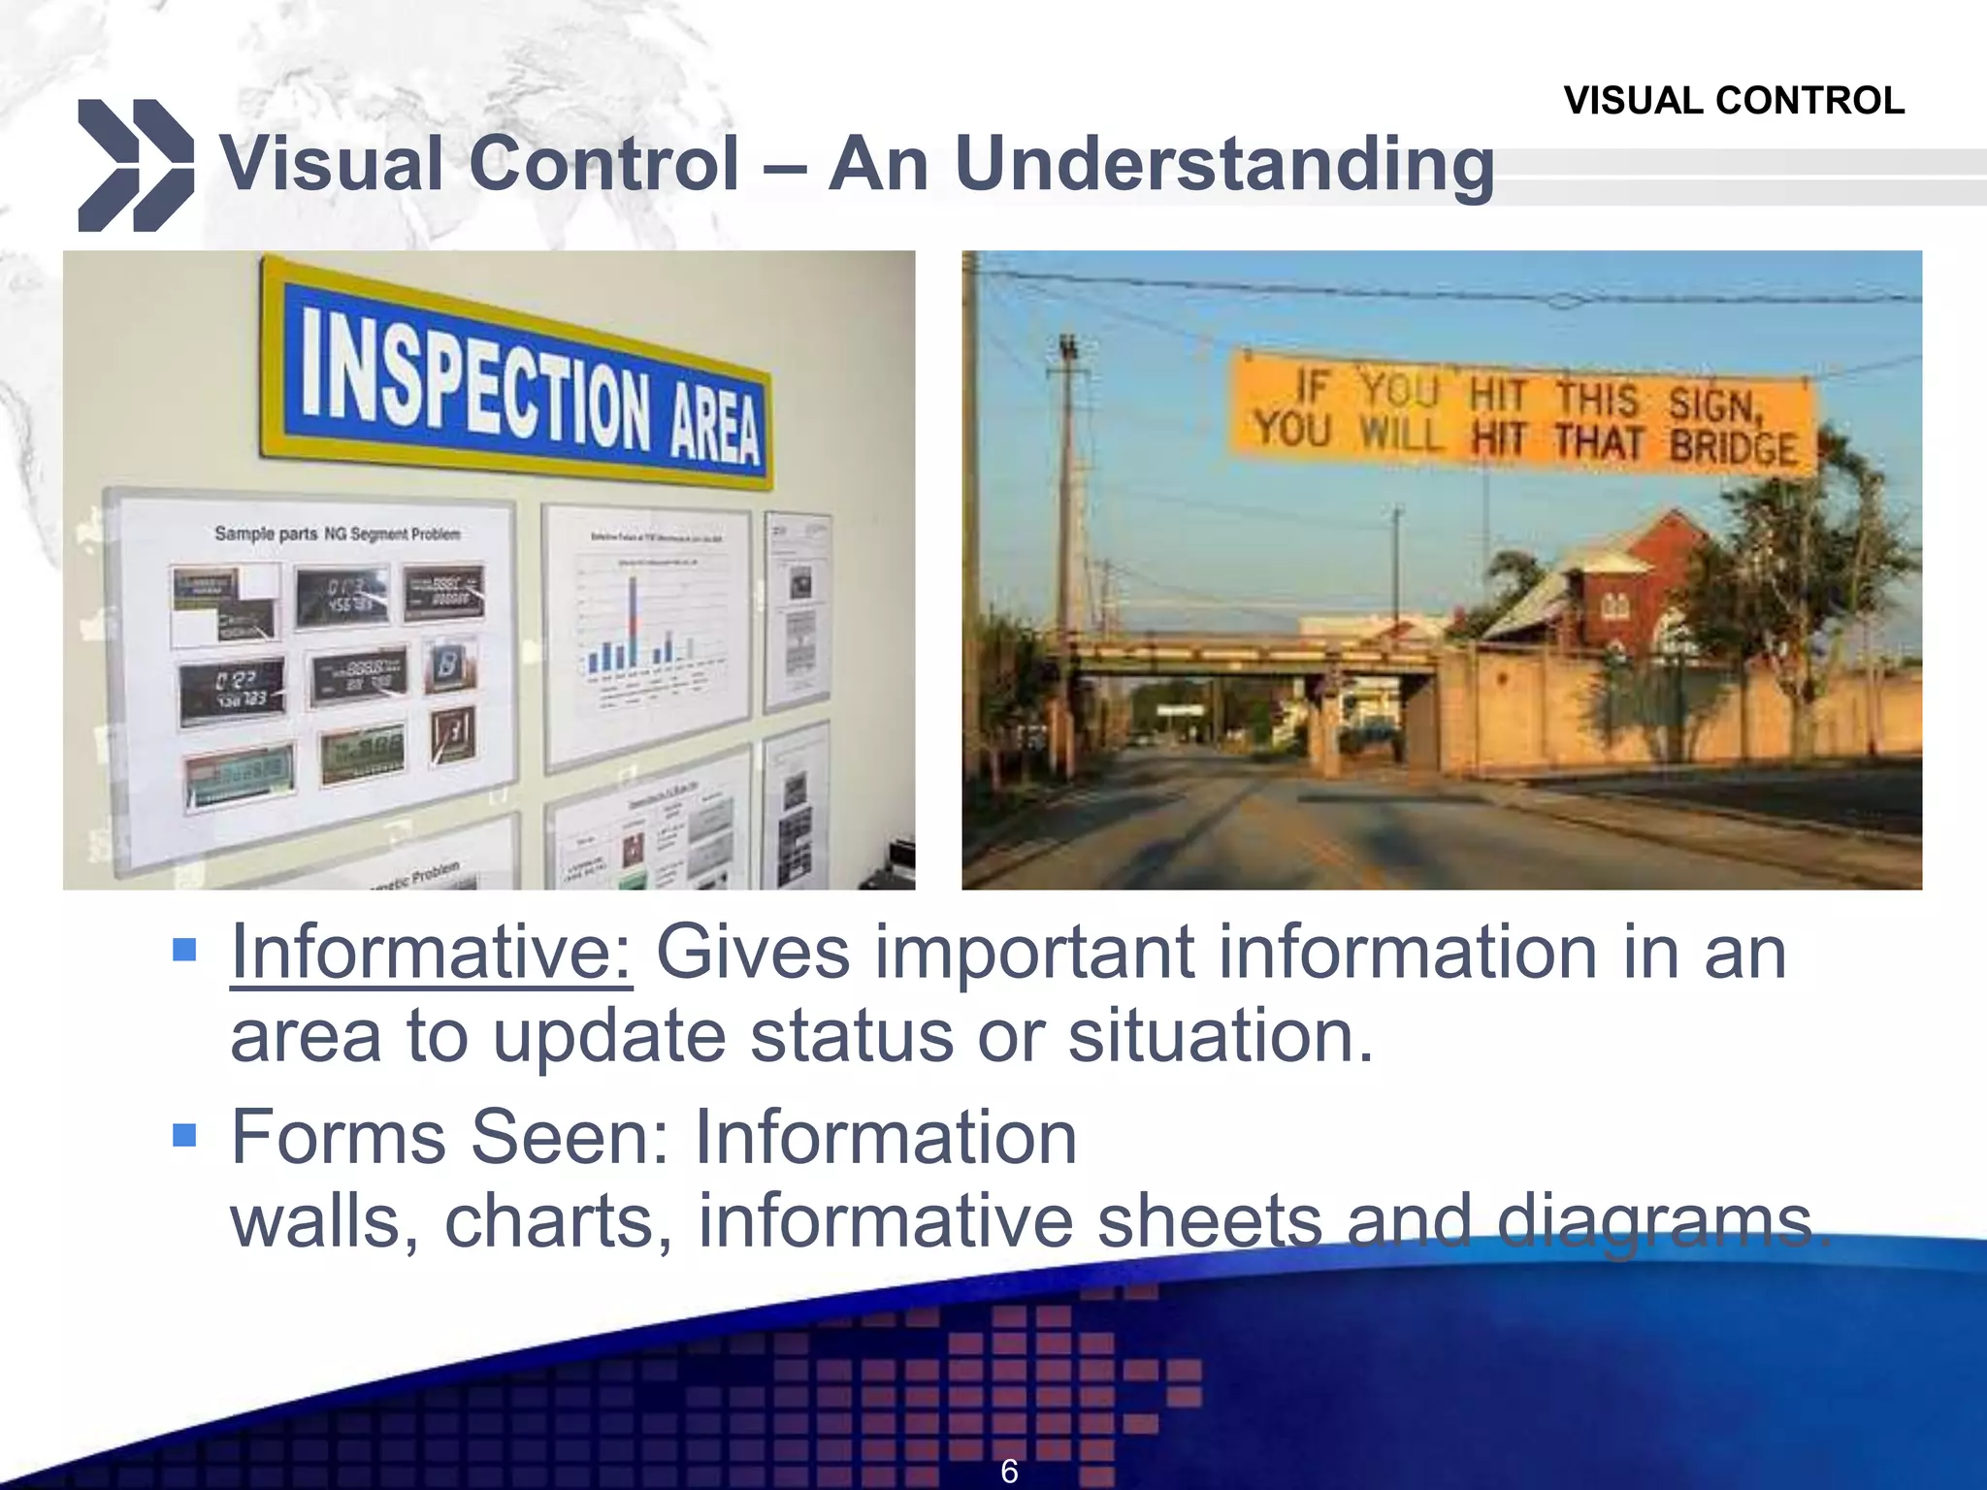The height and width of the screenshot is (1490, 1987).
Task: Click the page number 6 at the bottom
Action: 1009,1471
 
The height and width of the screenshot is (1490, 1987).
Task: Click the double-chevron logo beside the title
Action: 135,165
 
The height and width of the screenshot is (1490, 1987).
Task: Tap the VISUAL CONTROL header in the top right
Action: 1733,101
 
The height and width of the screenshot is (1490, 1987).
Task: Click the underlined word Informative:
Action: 432,953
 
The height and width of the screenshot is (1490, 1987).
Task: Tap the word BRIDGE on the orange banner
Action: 1733,447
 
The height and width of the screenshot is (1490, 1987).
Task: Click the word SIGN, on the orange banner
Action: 1713,403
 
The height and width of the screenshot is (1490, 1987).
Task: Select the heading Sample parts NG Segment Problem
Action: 337,534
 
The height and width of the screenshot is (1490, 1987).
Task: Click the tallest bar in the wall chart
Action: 633,621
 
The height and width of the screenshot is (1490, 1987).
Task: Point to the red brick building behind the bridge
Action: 1640,582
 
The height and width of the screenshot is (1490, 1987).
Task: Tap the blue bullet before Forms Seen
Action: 184,1134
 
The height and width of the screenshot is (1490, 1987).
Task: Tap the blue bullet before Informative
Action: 184,949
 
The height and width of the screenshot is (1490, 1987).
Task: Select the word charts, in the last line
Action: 558,1222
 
